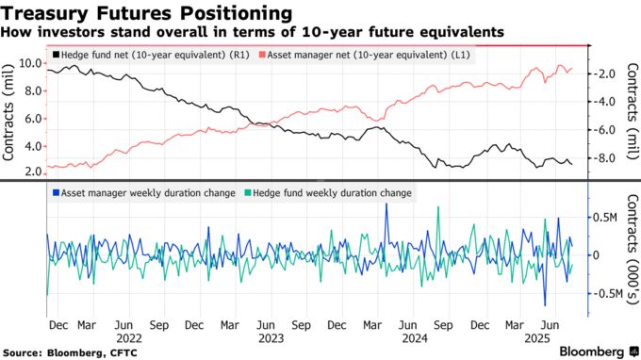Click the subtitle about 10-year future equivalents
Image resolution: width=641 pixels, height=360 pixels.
click(x=252, y=32)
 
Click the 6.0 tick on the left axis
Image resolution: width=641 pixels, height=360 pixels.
click(x=32, y=119)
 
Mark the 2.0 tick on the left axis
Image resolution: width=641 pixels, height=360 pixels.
click(x=32, y=172)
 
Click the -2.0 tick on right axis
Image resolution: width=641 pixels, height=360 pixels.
click(x=607, y=74)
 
